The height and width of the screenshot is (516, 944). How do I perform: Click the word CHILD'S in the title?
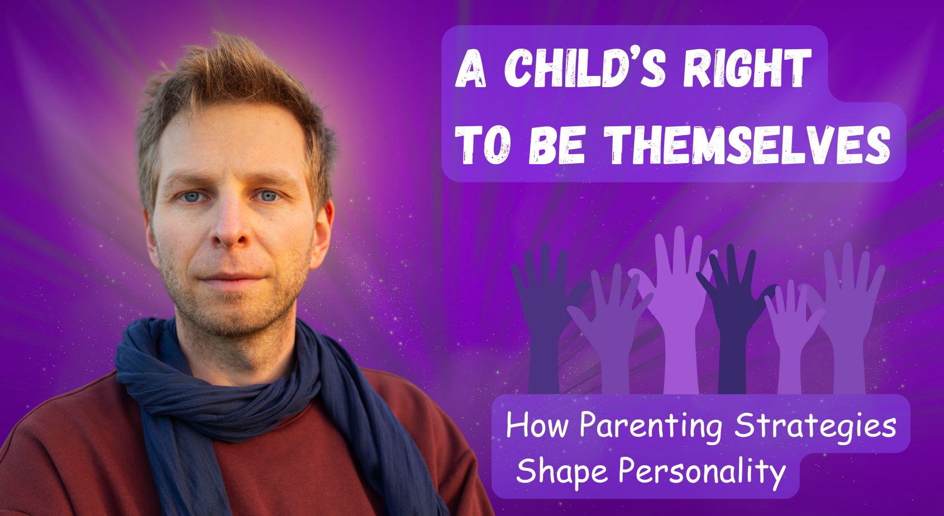pyautogui.click(x=585, y=68)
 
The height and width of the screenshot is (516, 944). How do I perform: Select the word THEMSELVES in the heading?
pyautogui.click(x=747, y=145)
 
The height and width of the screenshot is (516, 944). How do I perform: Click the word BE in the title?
pyautogui.click(x=556, y=145)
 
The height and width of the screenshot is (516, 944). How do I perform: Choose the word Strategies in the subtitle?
pyautogui.click(x=816, y=426)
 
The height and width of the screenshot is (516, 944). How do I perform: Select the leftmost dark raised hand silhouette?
pyautogui.click(x=543, y=320)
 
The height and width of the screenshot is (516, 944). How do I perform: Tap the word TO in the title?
pyautogui.click(x=483, y=145)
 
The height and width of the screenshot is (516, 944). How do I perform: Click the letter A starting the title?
pyautogui.click(x=471, y=68)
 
